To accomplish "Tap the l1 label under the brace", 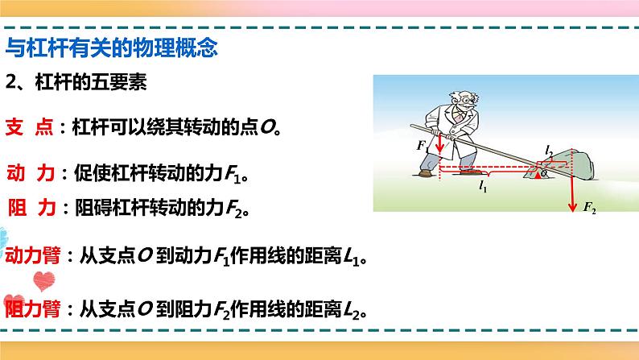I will (x=484, y=188).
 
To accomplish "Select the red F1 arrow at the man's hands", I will (x=441, y=145).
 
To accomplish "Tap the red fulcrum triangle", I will (x=538, y=175).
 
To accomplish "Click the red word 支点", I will (x=30, y=126).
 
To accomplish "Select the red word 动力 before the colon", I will (x=30, y=173).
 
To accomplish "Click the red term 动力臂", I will (x=33, y=258).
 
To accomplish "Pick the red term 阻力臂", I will (x=33, y=309).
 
